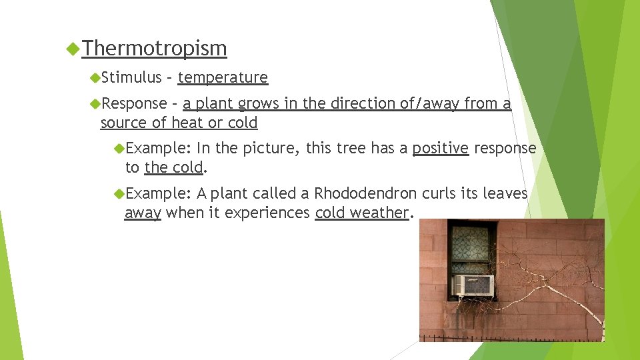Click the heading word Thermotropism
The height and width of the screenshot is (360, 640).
pyautogui.click(x=155, y=49)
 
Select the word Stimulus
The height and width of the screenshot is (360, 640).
pyautogui.click(x=133, y=78)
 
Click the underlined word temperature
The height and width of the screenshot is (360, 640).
pyautogui.click(x=223, y=78)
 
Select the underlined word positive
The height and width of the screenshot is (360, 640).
pyautogui.click(x=440, y=148)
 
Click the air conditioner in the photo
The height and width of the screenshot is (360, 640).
pyautogui.click(x=473, y=285)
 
